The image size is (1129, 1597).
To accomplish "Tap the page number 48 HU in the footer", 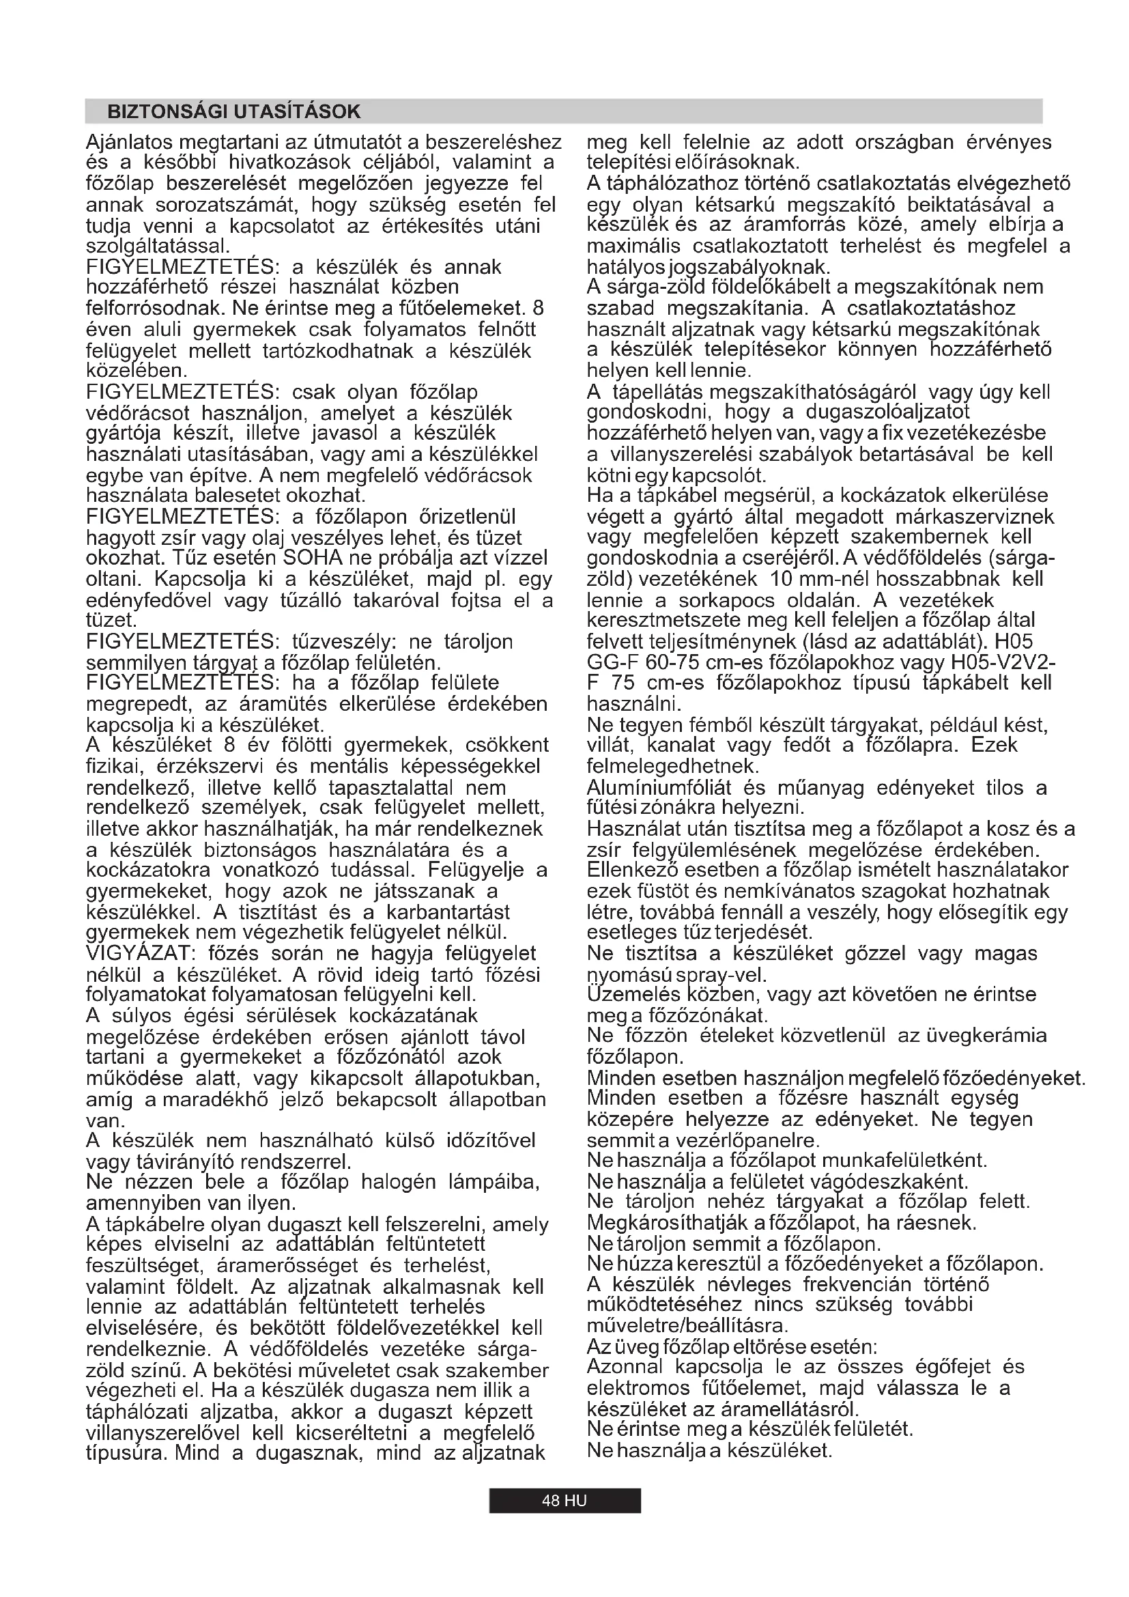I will pos(564,1500).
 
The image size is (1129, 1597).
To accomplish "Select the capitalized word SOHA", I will pos(310,559).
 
